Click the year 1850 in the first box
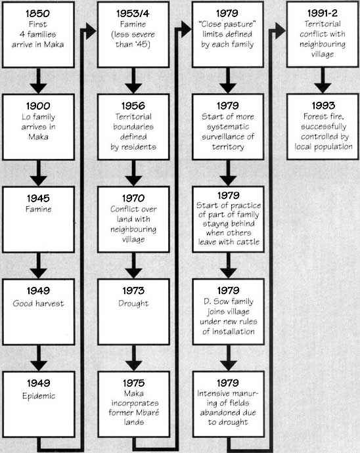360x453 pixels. point(37,13)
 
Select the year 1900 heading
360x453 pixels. point(38,106)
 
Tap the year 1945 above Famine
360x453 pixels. point(39,198)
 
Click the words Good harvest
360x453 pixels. point(38,303)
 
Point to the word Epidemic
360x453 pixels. point(39,396)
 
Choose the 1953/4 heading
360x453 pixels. point(133,13)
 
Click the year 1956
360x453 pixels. point(133,106)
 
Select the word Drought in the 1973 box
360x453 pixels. point(133,303)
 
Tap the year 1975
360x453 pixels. point(133,383)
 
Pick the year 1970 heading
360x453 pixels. point(133,198)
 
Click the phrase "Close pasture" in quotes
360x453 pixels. point(227,24)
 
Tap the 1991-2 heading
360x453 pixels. point(323,13)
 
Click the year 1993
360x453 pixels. point(323,106)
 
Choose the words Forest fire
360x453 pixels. point(324,116)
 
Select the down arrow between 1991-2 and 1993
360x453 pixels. point(323,80)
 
